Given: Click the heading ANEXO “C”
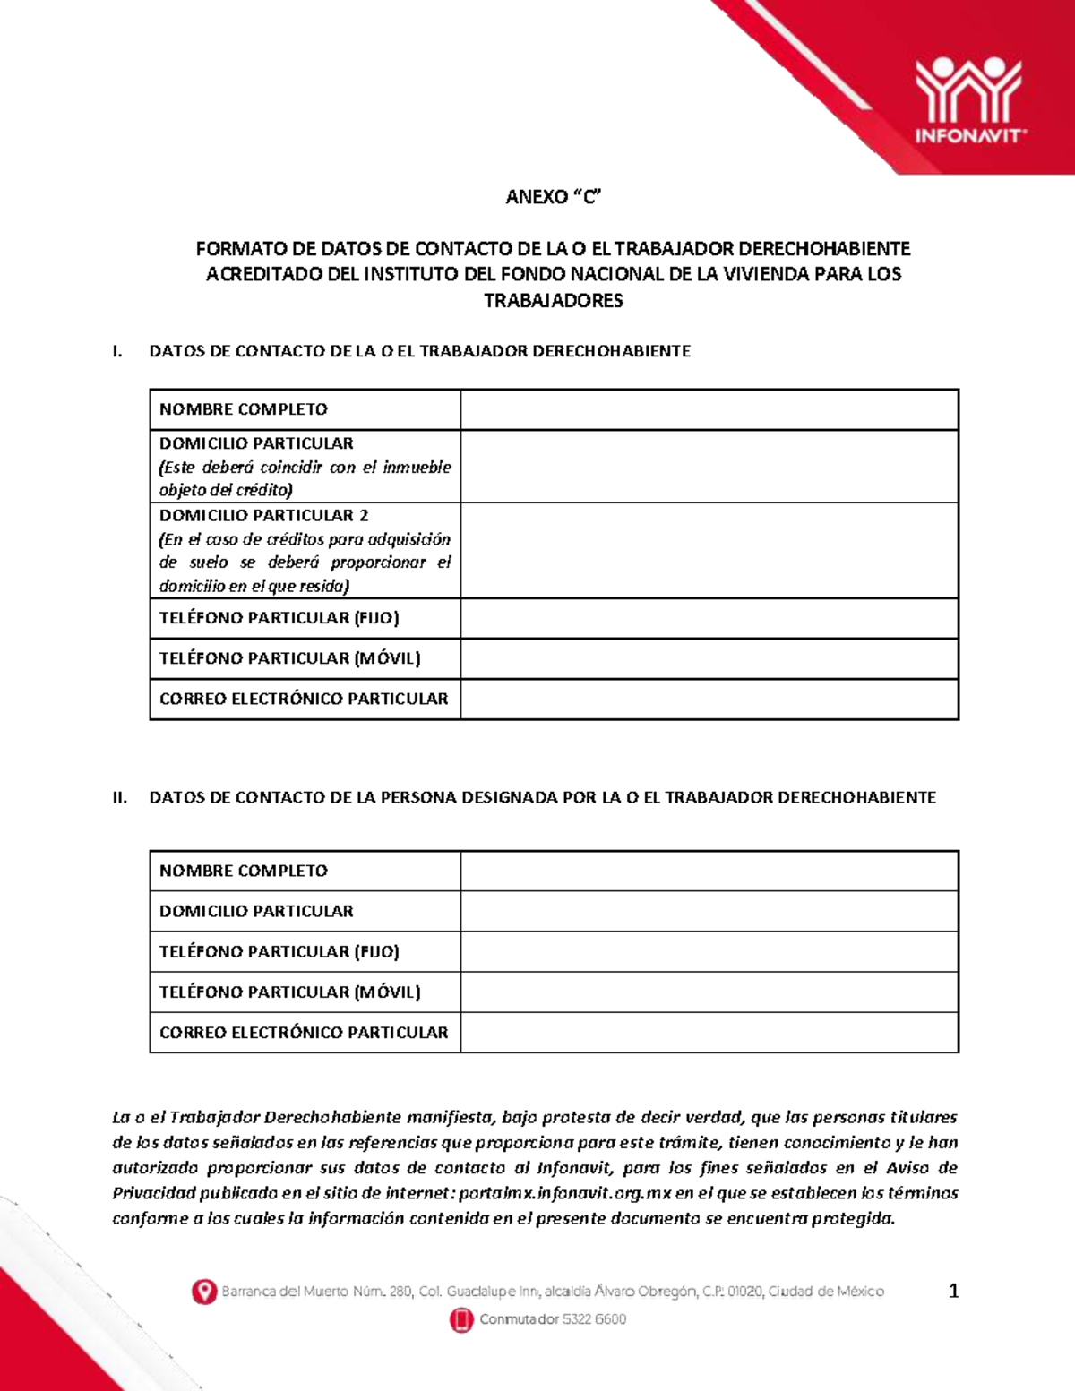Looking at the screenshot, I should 553,197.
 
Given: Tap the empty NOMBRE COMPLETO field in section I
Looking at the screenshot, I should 709,409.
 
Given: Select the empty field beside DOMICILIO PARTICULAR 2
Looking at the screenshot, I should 709,550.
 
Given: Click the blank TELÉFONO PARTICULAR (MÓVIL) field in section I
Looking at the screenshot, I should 709,658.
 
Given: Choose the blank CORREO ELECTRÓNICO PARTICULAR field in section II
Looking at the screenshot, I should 709,1033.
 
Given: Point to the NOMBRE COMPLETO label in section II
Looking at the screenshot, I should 244,871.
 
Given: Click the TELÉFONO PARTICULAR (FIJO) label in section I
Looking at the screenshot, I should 279,618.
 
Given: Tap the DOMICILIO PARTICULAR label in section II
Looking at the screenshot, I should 256,911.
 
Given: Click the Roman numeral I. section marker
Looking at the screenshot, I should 116,351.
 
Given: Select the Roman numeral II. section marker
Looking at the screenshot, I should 120,797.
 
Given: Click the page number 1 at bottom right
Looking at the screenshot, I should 953,1291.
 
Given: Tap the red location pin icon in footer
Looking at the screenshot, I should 204,1292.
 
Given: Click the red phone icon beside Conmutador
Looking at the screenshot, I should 461,1319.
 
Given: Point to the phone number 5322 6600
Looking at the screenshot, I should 594,1319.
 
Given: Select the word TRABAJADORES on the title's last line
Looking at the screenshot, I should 553,301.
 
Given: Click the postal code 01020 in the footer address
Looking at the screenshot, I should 744,1292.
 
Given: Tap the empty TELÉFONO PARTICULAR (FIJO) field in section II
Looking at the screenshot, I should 709,951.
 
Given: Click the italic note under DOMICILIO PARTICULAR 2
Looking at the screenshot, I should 305,562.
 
